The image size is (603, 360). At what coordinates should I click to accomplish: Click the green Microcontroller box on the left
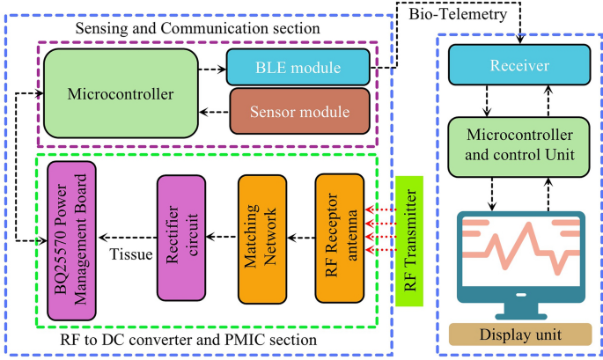(x=120, y=92)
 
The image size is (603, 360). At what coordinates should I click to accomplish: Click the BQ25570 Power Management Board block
(x=72, y=240)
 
